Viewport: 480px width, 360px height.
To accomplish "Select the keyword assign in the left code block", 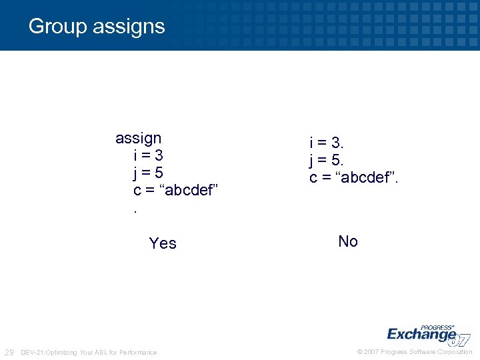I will coord(138,138).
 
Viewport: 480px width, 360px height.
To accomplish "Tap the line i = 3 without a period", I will coord(148,155).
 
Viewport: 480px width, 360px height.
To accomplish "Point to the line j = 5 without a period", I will coord(148,173).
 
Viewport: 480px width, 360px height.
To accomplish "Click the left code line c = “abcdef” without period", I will coord(176,190).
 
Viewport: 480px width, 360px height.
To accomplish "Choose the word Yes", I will coord(163,243).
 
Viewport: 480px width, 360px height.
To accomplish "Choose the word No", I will coord(348,241).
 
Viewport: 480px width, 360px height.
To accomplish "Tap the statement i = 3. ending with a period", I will coord(326,143).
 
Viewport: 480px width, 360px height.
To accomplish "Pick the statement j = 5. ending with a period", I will coord(326,160).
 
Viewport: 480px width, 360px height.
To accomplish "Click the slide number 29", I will coord(9,352).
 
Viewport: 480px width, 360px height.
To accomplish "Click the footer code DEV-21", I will coord(33,352).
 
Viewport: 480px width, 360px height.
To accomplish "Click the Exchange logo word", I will coord(421,333).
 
